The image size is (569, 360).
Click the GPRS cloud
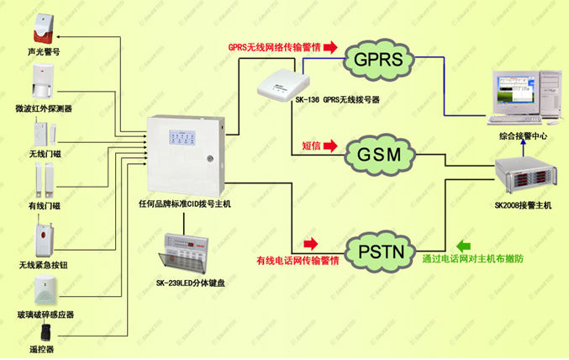383,60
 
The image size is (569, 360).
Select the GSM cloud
383,155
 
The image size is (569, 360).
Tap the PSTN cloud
383,251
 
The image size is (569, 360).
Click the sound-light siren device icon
43,29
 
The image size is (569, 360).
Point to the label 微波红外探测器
44,109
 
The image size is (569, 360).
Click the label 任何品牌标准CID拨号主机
184,204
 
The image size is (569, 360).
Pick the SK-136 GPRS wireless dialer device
282,84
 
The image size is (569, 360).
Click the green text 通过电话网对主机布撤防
473,259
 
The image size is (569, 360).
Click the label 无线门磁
44,155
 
